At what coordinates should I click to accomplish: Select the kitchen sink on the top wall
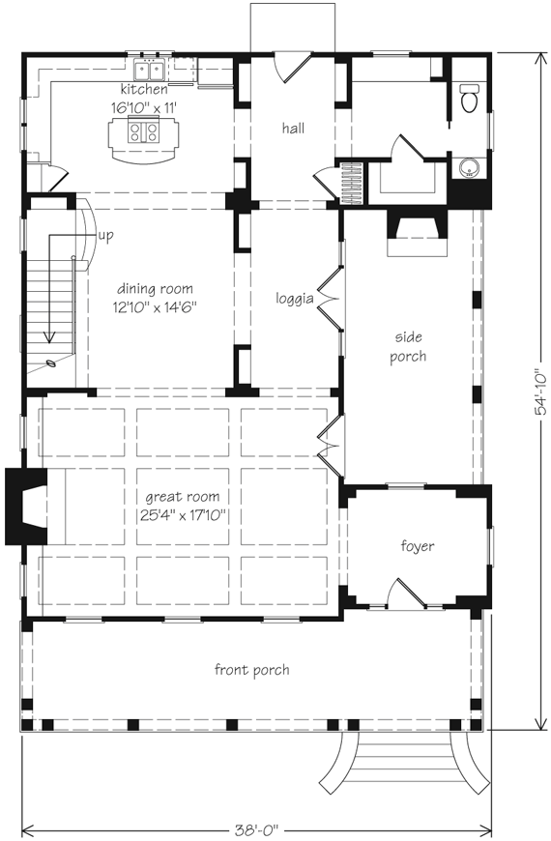[x=150, y=69]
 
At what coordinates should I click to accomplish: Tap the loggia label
[x=295, y=299]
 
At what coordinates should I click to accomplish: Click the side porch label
[x=410, y=346]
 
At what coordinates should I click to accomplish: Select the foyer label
[x=418, y=546]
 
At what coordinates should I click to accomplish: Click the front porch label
[x=251, y=669]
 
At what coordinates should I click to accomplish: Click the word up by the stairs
[x=103, y=235]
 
